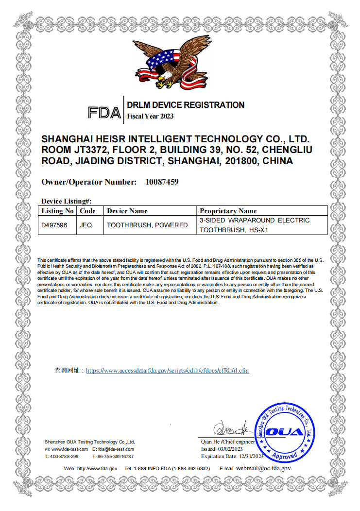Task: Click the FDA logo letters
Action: (104, 113)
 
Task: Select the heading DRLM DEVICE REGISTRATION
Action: (186, 105)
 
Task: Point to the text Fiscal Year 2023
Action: (150, 116)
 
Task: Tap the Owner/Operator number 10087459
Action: (162, 182)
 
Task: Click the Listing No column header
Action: (57, 211)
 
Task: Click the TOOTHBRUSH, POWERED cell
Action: (147, 225)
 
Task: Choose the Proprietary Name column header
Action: (228, 211)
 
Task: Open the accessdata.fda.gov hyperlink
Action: (168, 371)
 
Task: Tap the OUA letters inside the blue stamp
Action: (286, 432)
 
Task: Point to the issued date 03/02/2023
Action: (232, 449)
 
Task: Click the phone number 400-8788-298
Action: (64, 457)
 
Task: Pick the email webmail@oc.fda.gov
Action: (263, 469)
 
